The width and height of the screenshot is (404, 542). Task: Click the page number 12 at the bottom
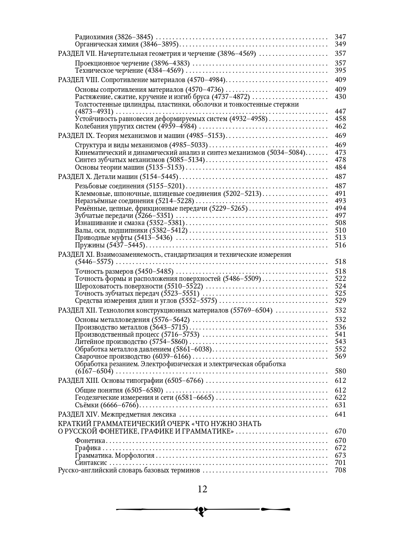[x=202, y=489]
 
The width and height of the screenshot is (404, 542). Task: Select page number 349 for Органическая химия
[x=340, y=44]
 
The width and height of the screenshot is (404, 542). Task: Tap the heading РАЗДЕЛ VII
[x=77, y=54]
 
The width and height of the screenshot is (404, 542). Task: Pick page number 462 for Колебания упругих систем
[x=340, y=126]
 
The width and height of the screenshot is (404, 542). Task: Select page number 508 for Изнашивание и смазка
[x=340, y=223]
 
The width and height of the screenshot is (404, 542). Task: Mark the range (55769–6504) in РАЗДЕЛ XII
[x=251, y=310]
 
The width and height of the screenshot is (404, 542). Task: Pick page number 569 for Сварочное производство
[x=340, y=357]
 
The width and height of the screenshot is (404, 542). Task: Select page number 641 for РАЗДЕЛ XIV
[x=340, y=415]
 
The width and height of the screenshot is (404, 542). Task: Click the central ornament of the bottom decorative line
[x=202, y=510]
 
